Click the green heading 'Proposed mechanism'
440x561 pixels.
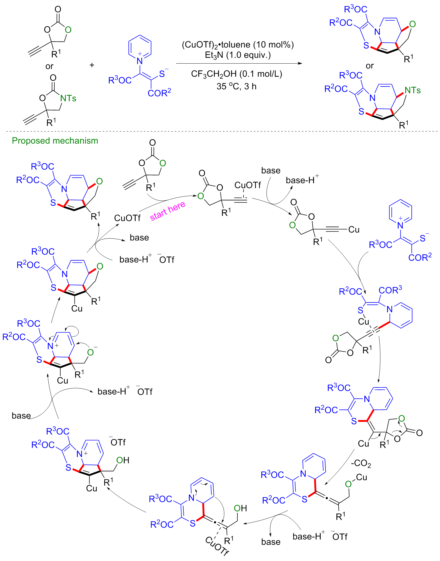click(x=55, y=141)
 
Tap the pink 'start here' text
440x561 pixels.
click(x=167, y=211)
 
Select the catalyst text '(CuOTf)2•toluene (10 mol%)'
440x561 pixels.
click(x=238, y=45)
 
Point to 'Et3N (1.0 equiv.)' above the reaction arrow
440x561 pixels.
click(x=238, y=55)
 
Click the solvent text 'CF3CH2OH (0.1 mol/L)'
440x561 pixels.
click(x=236, y=74)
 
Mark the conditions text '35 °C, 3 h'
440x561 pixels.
click(x=236, y=86)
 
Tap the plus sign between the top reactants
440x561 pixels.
click(x=92, y=65)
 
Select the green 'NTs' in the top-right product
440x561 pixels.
click(x=413, y=90)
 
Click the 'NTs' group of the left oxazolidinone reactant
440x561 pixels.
click(x=68, y=99)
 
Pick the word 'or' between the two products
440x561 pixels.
click(x=370, y=66)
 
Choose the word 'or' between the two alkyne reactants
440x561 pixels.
click(x=49, y=66)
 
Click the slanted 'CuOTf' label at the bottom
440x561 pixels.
click(x=217, y=546)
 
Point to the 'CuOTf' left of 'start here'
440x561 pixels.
click(x=127, y=218)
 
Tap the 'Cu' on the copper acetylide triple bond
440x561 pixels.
click(x=354, y=230)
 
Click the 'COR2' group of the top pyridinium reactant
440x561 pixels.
click(x=159, y=93)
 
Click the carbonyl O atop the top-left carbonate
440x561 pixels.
click(x=58, y=10)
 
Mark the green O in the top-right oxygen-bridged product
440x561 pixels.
click(x=412, y=24)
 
